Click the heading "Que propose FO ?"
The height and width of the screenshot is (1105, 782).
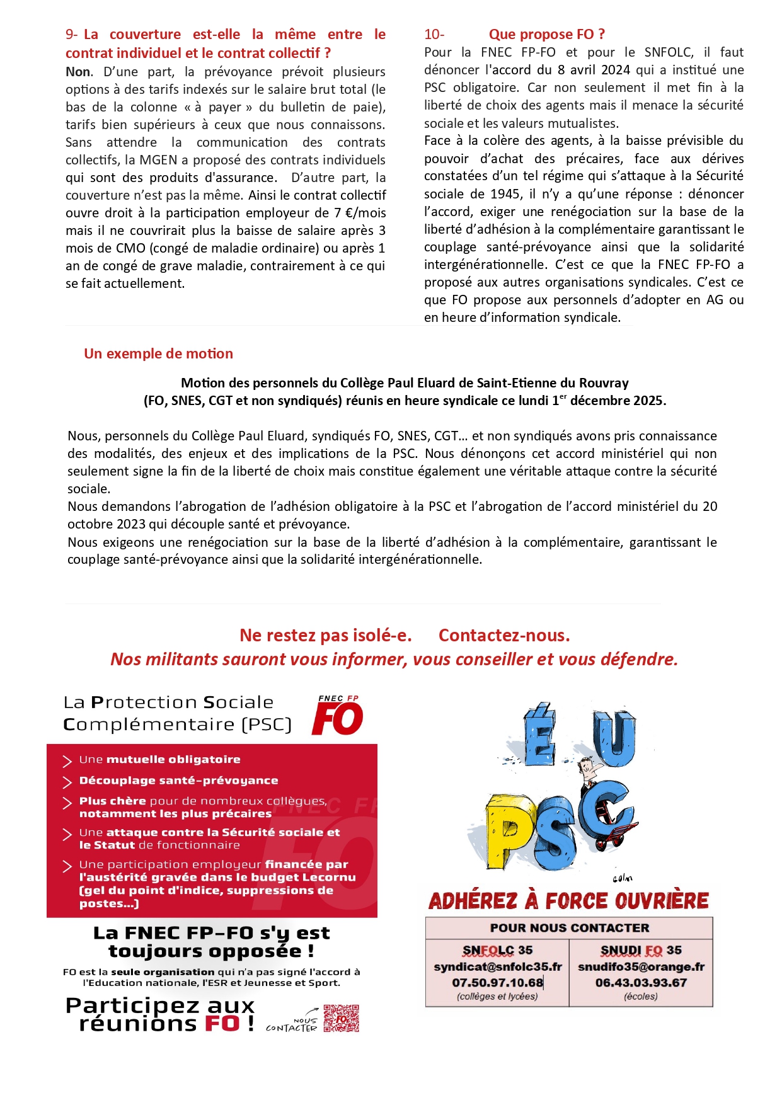click(546, 34)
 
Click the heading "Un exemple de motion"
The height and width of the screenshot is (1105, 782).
click(158, 353)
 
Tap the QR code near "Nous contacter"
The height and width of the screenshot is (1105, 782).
click(342, 1018)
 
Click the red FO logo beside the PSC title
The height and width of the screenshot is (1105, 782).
click(338, 716)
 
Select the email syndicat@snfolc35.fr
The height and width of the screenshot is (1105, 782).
click(497, 966)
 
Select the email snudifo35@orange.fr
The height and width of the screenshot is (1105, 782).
click(641, 966)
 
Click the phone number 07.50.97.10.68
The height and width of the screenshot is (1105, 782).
click(497, 982)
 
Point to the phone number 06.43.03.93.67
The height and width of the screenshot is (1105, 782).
click(641, 982)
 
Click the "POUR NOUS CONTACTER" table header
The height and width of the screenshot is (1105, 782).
click(569, 928)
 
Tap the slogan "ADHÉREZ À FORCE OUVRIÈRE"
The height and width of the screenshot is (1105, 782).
click(568, 901)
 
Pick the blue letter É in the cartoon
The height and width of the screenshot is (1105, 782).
click(540, 734)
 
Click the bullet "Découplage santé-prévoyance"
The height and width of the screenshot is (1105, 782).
click(178, 781)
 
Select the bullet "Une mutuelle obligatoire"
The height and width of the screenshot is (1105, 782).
click(159, 760)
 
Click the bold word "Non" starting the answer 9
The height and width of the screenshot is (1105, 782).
click(78, 72)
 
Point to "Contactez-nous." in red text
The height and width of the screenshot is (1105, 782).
click(504, 636)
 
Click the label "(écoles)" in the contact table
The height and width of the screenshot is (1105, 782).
click(641, 997)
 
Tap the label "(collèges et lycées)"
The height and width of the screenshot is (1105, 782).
click(497, 997)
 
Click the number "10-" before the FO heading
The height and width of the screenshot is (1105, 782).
click(434, 34)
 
